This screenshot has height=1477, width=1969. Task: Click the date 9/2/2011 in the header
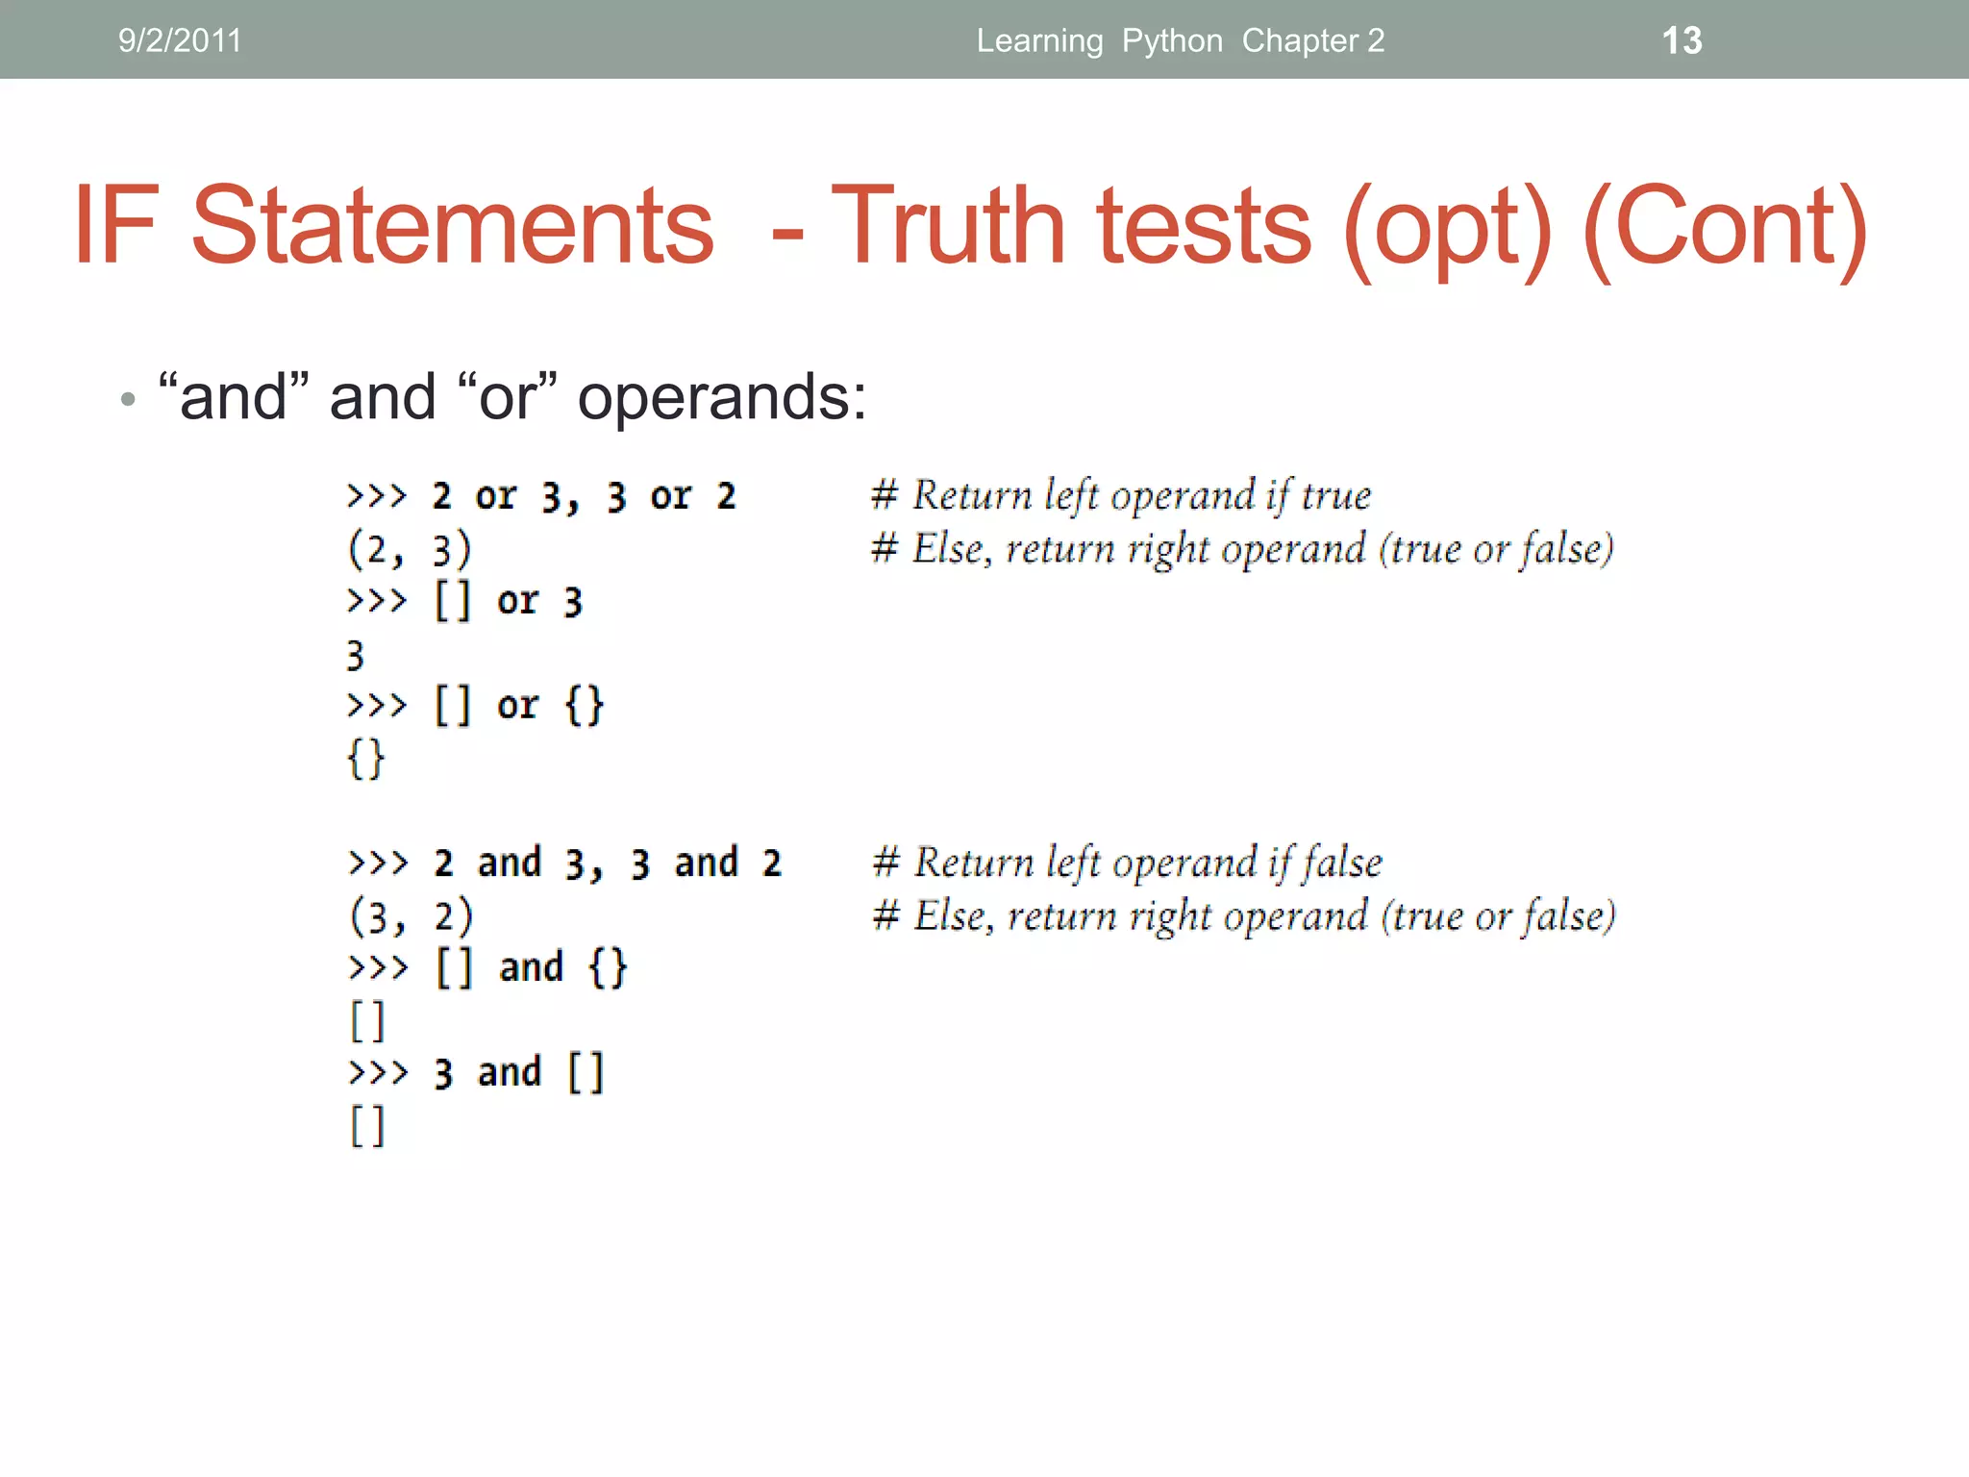pos(180,40)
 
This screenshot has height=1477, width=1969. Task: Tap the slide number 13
pos(1682,40)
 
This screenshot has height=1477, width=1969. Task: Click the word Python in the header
pos(1172,40)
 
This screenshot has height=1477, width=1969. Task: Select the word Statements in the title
pos(452,226)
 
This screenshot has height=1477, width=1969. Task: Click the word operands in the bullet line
pos(721,397)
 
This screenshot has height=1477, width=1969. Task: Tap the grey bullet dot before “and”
pos(128,399)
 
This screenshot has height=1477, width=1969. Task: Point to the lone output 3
pos(356,656)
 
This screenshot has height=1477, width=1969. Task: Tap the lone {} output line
pos(365,759)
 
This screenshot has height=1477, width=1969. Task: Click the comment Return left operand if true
pos(1121,496)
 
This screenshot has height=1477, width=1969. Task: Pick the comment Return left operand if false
pos(1127,863)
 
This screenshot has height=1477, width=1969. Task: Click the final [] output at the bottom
pos(366,1126)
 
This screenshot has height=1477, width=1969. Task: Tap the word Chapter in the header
pos(1300,40)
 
